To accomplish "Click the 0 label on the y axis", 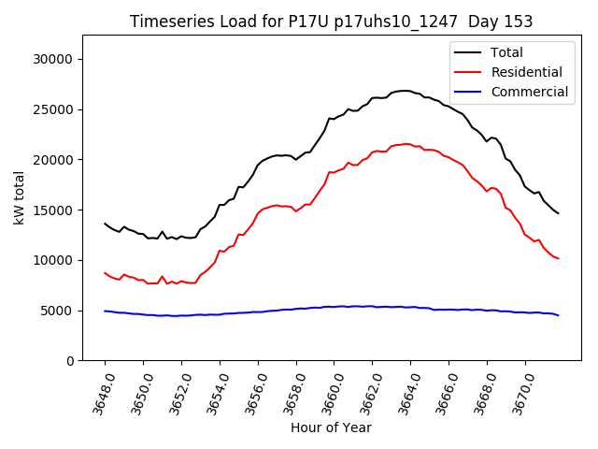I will pos(70,361).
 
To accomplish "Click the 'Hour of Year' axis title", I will pos(331,427).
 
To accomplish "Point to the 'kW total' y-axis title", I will pos(19,198).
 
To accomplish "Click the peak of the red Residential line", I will pos(406,144).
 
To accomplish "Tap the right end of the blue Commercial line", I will pos(558,315).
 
